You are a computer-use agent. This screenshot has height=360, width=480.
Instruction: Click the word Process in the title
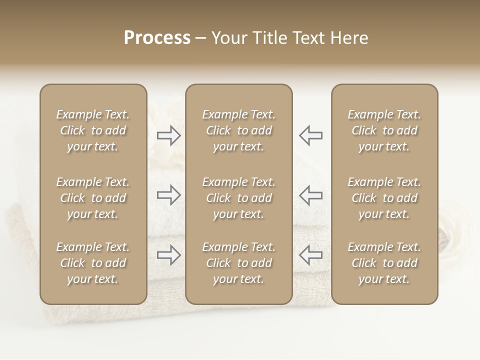point(157,38)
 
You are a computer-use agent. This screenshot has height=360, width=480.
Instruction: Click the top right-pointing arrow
point(168,135)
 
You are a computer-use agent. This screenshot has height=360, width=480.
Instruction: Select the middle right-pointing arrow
point(168,195)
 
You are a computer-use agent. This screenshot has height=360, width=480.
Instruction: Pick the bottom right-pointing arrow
point(168,255)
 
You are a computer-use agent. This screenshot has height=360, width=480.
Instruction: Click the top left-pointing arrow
point(310,135)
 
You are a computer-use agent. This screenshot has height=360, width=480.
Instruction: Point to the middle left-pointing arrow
point(310,195)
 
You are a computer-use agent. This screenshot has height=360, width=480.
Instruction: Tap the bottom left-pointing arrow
point(310,255)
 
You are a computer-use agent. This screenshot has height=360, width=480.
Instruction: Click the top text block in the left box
point(93,130)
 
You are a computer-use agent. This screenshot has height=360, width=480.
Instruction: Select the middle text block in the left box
point(93,198)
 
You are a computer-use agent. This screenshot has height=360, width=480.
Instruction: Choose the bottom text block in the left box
point(93,263)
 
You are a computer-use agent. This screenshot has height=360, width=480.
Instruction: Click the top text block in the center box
point(238,130)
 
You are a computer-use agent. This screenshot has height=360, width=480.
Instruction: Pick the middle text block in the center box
point(238,198)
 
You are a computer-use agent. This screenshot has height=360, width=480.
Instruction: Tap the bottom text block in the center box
point(238,263)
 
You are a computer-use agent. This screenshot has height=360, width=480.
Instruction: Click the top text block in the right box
point(384,130)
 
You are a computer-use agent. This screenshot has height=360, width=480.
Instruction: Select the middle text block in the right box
point(384,198)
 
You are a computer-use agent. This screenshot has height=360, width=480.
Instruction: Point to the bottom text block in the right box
point(384,263)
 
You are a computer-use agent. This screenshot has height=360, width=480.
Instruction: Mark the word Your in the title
point(228,38)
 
